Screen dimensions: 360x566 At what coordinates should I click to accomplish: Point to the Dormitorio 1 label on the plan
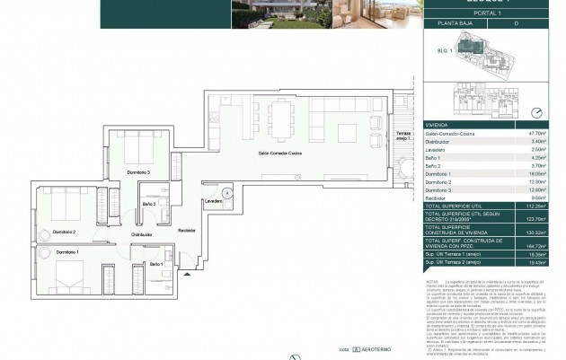[x=68, y=252]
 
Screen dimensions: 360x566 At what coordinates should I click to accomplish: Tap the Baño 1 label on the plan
[x=156, y=263]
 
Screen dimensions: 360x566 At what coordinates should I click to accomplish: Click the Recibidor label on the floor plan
[x=186, y=230]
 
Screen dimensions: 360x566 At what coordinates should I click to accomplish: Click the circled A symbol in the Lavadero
[x=227, y=192]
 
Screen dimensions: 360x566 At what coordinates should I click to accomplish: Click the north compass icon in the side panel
[x=537, y=113]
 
